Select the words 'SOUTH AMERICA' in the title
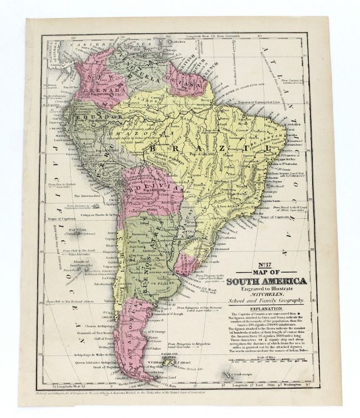pos(267,281)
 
